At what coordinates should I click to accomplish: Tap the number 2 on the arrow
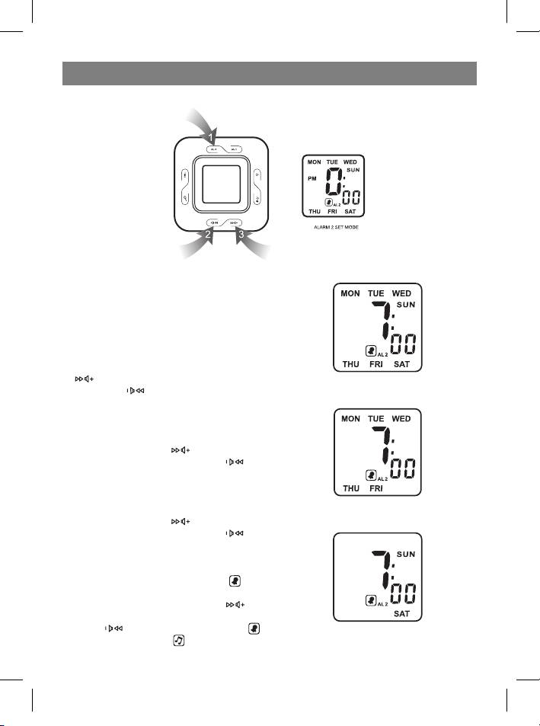[207, 235]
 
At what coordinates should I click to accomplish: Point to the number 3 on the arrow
[241, 235]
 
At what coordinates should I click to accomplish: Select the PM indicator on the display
[312, 180]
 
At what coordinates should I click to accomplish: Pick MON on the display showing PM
[314, 162]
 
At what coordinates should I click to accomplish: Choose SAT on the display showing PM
[350, 212]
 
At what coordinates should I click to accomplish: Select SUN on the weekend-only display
[404, 555]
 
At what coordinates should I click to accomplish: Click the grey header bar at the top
[269, 74]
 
